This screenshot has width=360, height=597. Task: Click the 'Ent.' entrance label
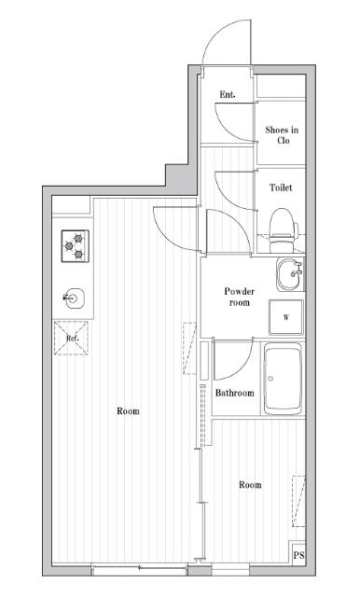[x=227, y=95]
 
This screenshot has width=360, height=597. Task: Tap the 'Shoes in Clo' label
[x=282, y=135]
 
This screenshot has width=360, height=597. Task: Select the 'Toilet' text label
[x=281, y=187]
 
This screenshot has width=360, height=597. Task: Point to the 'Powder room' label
[x=240, y=297]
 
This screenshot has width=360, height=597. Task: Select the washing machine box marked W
[x=286, y=316]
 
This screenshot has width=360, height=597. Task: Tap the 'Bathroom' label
[x=234, y=393]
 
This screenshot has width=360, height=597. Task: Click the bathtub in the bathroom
[x=284, y=379]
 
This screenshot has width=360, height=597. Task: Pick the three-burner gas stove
[x=75, y=247]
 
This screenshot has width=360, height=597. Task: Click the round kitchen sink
[x=75, y=298]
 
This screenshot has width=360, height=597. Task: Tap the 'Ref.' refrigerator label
[x=72, y=338]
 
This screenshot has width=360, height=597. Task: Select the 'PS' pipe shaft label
[x=298, y=556]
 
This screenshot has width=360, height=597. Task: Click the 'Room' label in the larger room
[x=129, y=411]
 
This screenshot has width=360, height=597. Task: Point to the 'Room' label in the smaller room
[x=249, y=484]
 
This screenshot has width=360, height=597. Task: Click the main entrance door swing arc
[x=224, y=37]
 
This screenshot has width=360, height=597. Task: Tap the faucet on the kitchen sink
[x=68, y=298]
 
